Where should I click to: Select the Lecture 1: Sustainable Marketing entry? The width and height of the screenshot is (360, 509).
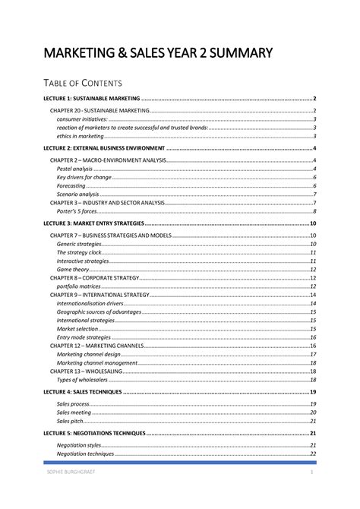(93, 99)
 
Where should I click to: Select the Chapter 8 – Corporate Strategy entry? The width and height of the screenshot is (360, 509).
(95, 278)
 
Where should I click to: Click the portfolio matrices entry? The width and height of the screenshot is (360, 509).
(79, 286)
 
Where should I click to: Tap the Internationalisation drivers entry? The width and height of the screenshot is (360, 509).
(90, 304)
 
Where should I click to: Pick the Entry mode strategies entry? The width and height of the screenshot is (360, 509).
(83, 337)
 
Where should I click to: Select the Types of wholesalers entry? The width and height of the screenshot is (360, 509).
(81, 379)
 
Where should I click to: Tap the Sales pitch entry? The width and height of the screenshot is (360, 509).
(70, 421)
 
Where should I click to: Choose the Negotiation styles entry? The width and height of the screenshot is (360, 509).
(79, 445)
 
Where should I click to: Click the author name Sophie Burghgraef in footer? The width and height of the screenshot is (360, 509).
(70, 473)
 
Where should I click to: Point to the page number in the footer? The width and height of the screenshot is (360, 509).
(311, 473)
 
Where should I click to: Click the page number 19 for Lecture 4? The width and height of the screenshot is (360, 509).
(312, 392)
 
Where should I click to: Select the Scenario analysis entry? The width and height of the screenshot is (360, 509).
(77, 194)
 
